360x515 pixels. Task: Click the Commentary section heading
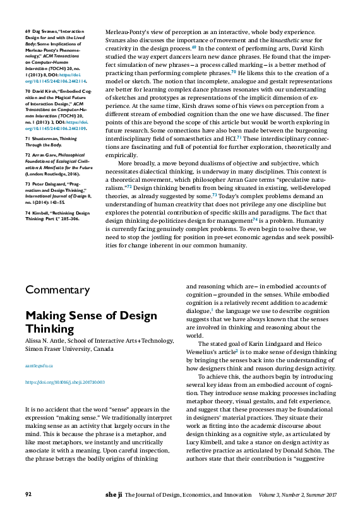click(57, 290)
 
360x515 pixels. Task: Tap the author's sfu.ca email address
click(39, 365)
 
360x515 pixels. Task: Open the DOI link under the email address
click(64, 382)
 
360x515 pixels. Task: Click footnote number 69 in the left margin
click(28, 31)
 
